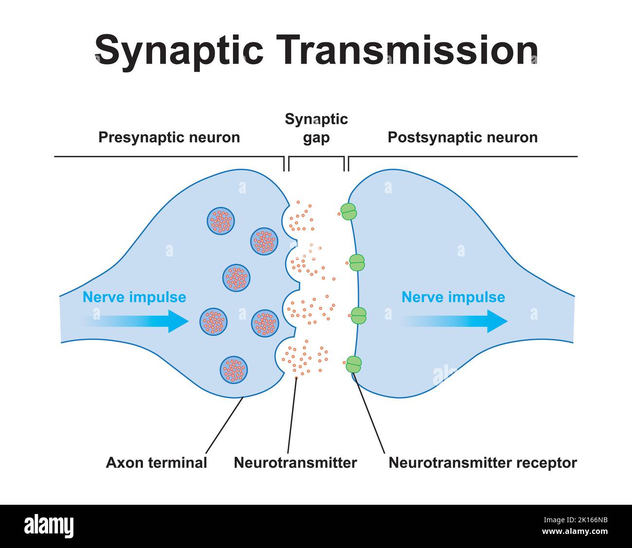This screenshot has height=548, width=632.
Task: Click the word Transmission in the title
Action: [x=409, y=50]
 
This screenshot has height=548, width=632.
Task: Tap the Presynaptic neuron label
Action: [x=169, y=137]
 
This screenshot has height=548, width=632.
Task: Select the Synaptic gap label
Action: [x=316, y=128]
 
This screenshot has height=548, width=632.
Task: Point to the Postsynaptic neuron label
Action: [x=462, y=137]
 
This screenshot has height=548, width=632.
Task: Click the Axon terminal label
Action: [x=157, y=462]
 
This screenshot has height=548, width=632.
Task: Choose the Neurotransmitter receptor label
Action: [x=482, y=462]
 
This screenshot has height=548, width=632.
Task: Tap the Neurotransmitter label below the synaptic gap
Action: [x=295, y=462]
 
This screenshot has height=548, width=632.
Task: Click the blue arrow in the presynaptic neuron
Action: [x=141, y=321]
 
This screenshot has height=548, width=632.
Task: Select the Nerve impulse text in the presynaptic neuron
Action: [x=134, y=297]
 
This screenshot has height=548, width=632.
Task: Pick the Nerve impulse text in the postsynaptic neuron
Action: [x=453, y=297]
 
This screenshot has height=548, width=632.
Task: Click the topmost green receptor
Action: [x=348, y=212]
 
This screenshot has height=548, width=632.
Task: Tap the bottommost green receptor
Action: [x=353, y=364]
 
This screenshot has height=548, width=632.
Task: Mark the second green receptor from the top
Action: [x=357, y=263]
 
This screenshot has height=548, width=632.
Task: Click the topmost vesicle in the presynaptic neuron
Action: [x=221, y=221]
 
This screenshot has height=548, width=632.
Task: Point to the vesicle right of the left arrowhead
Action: [x=213, y=321]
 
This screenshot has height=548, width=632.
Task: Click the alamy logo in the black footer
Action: [x=49, y=526]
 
